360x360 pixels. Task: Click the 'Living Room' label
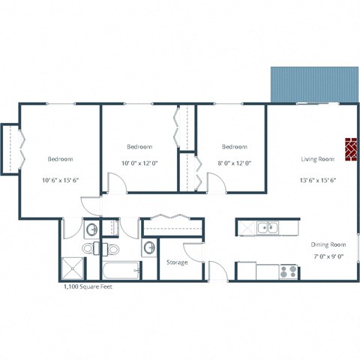[317, 159]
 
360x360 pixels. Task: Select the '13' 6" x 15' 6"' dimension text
[317, 180]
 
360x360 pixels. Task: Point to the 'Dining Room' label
[328, 244]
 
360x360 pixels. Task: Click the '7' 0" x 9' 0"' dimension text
[328, 256]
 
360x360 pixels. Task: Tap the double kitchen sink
[267, 227]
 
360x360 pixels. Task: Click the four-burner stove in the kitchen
[289, 271]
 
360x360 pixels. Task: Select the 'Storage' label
[177, 262]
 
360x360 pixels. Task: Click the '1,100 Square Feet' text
[87, 286]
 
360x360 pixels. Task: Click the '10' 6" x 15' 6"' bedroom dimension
[60, 181]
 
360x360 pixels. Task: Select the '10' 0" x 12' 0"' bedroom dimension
[139, 163]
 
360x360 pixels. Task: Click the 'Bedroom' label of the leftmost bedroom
[60, 159]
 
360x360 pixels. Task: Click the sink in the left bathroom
[91, 229]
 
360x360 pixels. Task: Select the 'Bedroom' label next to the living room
[235, 147]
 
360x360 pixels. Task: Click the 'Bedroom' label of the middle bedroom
[139, 147]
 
